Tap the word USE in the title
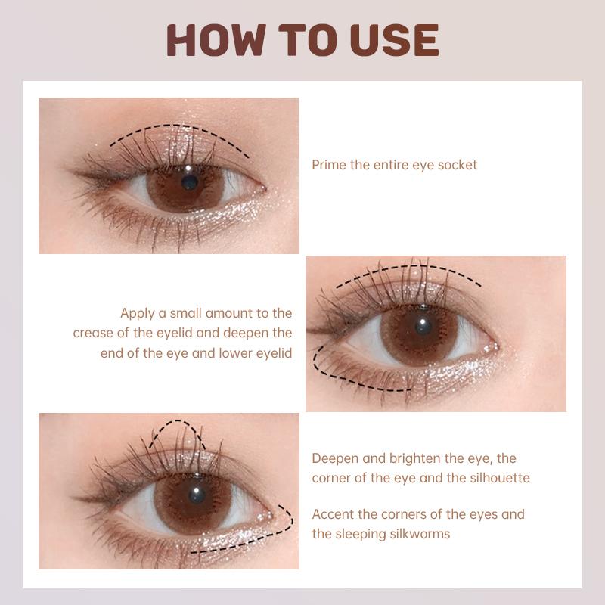(x=394, y=40)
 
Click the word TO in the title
(x=308, y=40)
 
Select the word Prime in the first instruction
(x=329, y=165)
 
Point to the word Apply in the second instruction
(x=138, y=313)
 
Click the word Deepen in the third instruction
(x=335, y=459)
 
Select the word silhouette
(x=500, y=478)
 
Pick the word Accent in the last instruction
(x=333, y=514)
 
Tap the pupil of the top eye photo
(x=190, y=182)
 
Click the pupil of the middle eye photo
(x=423, y=327)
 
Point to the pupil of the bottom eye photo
(x=197, y=495)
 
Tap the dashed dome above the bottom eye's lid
(x=178, y=421)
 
